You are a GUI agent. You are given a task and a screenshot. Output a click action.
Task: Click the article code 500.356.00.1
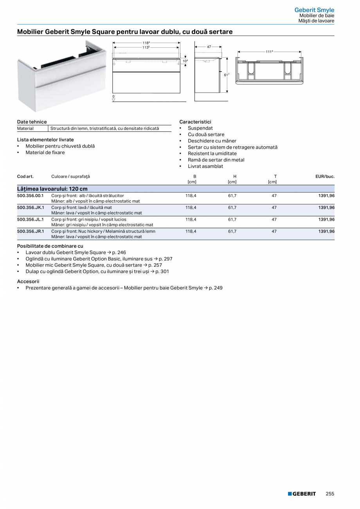tap(31, 196)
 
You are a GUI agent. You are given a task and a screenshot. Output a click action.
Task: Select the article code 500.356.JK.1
tap(31, 207)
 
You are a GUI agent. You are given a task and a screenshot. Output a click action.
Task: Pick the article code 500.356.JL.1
tap(31, 219)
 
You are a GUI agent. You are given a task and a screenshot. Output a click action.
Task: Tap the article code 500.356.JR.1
tap(31, 231)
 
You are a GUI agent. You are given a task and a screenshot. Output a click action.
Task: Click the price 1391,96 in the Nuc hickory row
tap(326, 231)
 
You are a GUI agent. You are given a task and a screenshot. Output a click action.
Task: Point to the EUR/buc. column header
tap(325, 176)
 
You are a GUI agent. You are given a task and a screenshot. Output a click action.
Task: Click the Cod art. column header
tap(25, 176)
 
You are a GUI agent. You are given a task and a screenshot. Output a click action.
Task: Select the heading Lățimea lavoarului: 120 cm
tap(52, 189)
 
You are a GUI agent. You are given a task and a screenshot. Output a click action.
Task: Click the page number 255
tap(330, 494)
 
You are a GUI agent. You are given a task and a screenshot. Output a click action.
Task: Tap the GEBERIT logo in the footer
tap(302, 494)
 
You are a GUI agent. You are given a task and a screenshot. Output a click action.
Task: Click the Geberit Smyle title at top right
tap(314, 10)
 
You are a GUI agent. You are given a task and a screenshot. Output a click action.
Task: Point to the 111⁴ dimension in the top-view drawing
tap(269, 52)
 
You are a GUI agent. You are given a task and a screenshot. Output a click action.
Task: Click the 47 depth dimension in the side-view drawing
tap(209, 47)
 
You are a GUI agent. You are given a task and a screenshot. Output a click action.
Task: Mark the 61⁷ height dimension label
tap(226, 74)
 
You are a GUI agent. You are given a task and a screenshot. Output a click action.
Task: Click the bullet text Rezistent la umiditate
tap(212, 153)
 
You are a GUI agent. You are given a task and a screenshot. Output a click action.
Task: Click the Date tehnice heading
tap(32, 122)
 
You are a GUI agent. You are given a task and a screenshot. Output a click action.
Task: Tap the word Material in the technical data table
tap(25, 128)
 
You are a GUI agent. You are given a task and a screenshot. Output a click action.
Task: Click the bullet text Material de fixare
tap(45, 152)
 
